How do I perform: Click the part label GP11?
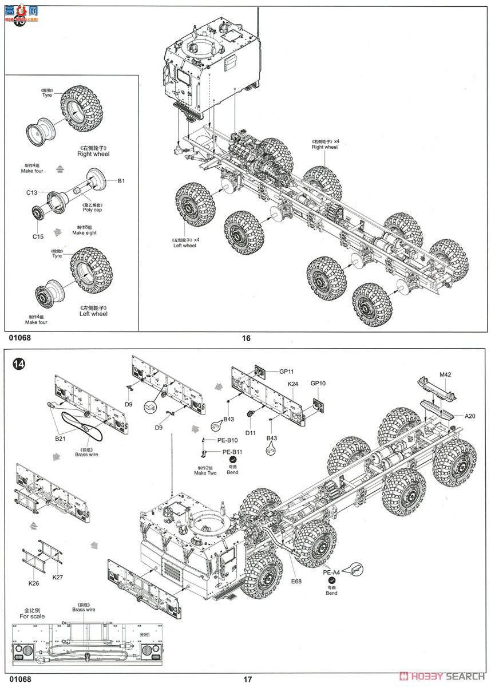[287, 372]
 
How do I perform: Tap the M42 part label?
[445, 374]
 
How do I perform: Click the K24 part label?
[293, 383]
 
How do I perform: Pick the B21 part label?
[60, 438]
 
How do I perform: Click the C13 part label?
[31, 192]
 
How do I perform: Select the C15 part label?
[38, 236]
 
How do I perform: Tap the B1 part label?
[121, 181]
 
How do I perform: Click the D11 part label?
[250, 433]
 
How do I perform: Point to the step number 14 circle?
[19, 364]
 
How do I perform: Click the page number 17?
[247, 680]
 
